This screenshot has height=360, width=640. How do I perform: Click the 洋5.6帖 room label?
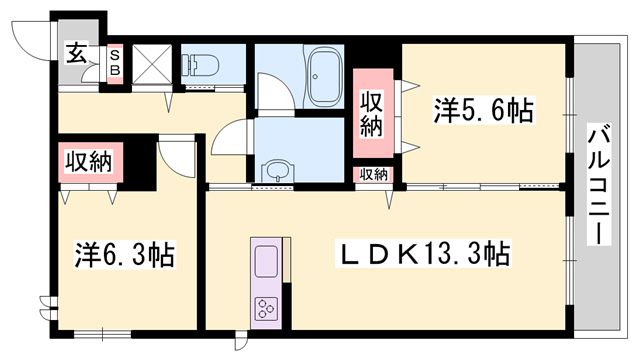pos(483,111)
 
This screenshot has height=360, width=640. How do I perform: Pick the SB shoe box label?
pos(114,61)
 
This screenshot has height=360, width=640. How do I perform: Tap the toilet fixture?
pos(201,65)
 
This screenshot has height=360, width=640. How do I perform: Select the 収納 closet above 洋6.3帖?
pos(88,160)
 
